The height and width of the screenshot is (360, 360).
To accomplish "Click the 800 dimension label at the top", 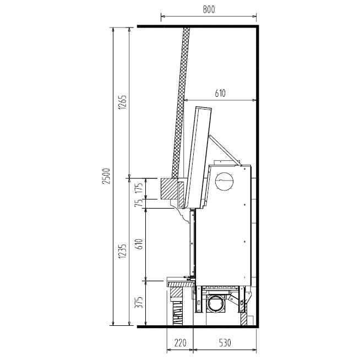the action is tap(209, 9).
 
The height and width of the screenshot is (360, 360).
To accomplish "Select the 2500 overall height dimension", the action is tap(107, 176).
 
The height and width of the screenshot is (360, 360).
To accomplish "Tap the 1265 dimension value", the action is tap(122, 102).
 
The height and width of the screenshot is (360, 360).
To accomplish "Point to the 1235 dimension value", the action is tap(122, 251).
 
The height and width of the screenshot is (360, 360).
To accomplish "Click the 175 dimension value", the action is tap(139, 187).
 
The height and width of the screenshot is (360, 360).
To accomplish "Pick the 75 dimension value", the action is tap(139, 203).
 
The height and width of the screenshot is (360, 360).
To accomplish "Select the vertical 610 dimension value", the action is tap(139, 244).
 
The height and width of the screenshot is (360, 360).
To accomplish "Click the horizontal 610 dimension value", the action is tap(220, 93).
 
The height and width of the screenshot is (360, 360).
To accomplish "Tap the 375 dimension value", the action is tap(139, 303).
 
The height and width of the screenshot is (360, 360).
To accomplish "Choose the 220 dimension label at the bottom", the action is tap(180, 343).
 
